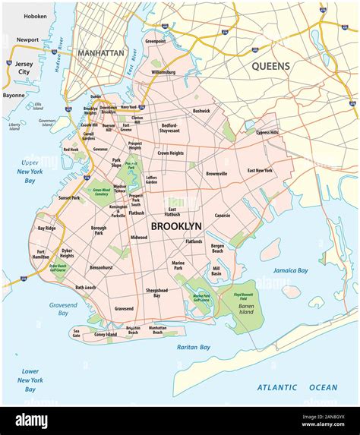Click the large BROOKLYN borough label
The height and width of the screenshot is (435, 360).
point(175,226)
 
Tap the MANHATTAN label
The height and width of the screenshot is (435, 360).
point(99,53)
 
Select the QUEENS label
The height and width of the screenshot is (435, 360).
point(271,66)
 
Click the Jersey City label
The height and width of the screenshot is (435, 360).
point(24,70)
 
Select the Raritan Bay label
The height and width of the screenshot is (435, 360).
point(194,347)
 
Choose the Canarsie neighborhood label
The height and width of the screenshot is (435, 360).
point(222,216)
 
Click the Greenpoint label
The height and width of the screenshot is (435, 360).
point(156,40)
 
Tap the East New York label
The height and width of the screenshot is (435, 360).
point(260,171)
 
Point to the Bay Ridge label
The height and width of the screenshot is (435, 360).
point(46,228)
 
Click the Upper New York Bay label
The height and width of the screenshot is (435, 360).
point(30,172)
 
